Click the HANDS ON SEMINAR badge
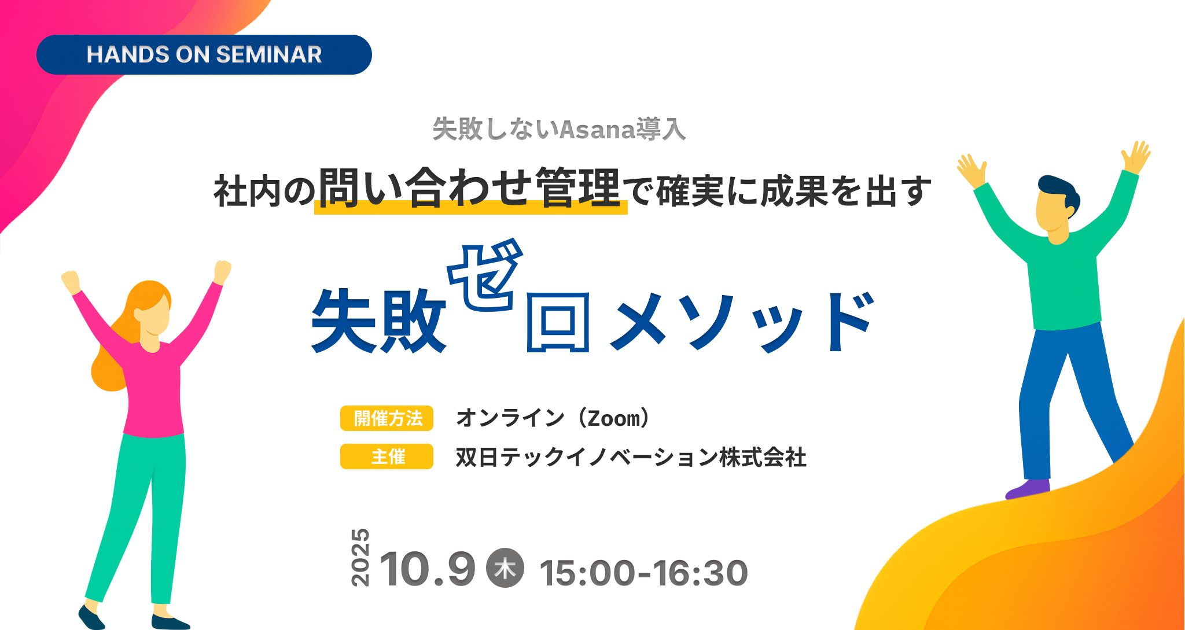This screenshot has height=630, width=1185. (x=204, y=54)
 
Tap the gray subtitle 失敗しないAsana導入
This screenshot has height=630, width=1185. (x=559, y=128)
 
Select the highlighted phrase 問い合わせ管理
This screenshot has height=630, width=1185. (x=470, y=188)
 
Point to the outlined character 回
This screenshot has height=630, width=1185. (x=558, y=322)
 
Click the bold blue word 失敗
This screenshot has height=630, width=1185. (x=379, y=320)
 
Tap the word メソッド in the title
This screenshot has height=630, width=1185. (x=742, y=321)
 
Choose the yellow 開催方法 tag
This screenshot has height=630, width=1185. (x=387, y=418)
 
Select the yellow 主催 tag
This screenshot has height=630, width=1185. (x=387, y=456)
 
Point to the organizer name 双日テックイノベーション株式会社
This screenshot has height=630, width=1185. (x=631, y=457)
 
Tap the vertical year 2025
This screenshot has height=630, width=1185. (x=360, y=557)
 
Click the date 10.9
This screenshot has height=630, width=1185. (x=428, y=569)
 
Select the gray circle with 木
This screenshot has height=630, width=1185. (x=505, y=568)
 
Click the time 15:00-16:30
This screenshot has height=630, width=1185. (x=643, y=573)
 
